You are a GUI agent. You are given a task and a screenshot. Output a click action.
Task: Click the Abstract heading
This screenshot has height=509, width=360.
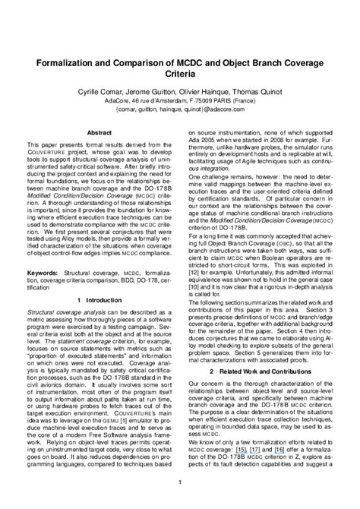point(100,131)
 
